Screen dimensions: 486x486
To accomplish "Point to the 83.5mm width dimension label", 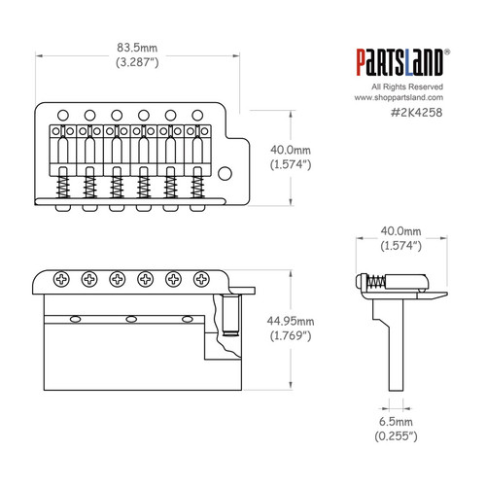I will click(135, 46).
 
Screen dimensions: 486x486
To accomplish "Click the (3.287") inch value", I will click(135, 61).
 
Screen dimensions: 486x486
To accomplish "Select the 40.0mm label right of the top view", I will click(291, 150).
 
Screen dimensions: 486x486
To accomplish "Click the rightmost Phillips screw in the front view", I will click(201, 279).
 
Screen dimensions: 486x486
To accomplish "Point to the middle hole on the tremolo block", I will click(130, 318).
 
